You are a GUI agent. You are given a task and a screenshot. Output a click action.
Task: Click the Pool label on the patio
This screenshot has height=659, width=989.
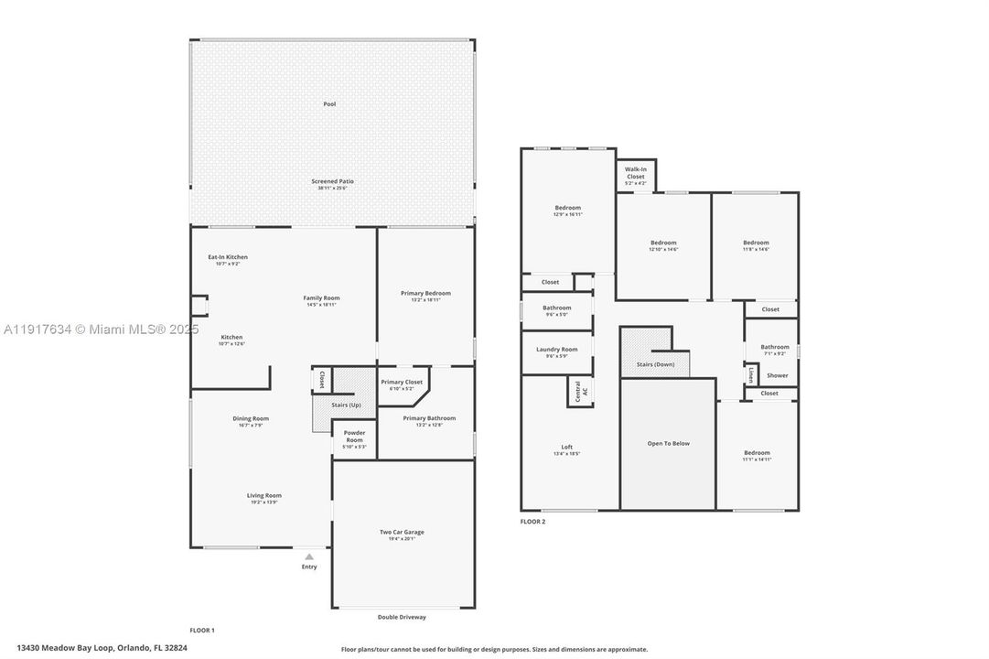pos(329,104)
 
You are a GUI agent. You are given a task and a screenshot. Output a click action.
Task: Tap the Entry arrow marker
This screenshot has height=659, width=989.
pos(309,556)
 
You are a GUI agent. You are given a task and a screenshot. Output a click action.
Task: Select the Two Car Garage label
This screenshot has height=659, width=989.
pos(402,532)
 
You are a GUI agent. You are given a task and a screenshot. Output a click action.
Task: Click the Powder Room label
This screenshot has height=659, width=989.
pos(354,436)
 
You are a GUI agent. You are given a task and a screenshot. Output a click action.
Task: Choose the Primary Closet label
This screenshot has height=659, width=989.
pos(402,382)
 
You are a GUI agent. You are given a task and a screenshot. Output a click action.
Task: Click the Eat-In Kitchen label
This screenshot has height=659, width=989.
pos(227,257)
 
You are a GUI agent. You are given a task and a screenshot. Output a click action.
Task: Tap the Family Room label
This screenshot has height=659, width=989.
pos(322,298)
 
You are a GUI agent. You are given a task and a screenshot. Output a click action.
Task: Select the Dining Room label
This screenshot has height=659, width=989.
pos(251,419)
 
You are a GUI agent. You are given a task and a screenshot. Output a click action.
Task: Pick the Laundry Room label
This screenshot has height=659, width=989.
pos(556,350)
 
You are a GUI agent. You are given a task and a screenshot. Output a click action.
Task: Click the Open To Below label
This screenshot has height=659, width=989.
pos(668,444)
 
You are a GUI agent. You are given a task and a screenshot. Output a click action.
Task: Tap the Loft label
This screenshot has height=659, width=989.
pos(567,447)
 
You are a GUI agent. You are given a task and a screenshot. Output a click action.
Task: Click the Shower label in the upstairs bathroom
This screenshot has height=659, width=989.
pos(778,375)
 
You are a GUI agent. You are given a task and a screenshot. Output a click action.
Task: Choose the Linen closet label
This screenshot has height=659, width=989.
pos(751,373)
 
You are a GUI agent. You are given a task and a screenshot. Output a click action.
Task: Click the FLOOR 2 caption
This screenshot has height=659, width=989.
pos(532,522)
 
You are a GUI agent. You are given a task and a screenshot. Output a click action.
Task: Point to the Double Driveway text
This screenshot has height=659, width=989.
pos(402,617)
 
